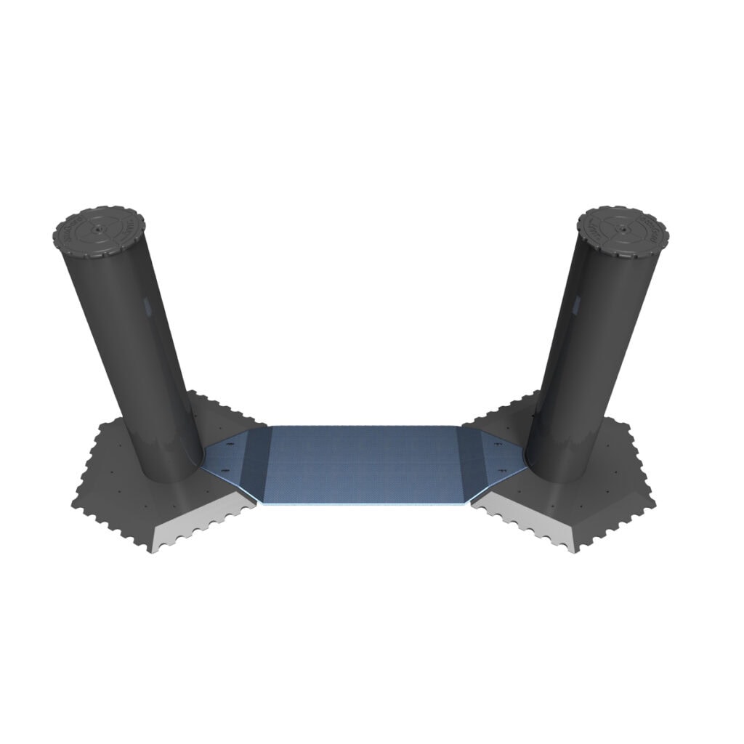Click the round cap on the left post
97,232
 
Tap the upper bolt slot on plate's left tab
230,444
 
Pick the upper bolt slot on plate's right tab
497,444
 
